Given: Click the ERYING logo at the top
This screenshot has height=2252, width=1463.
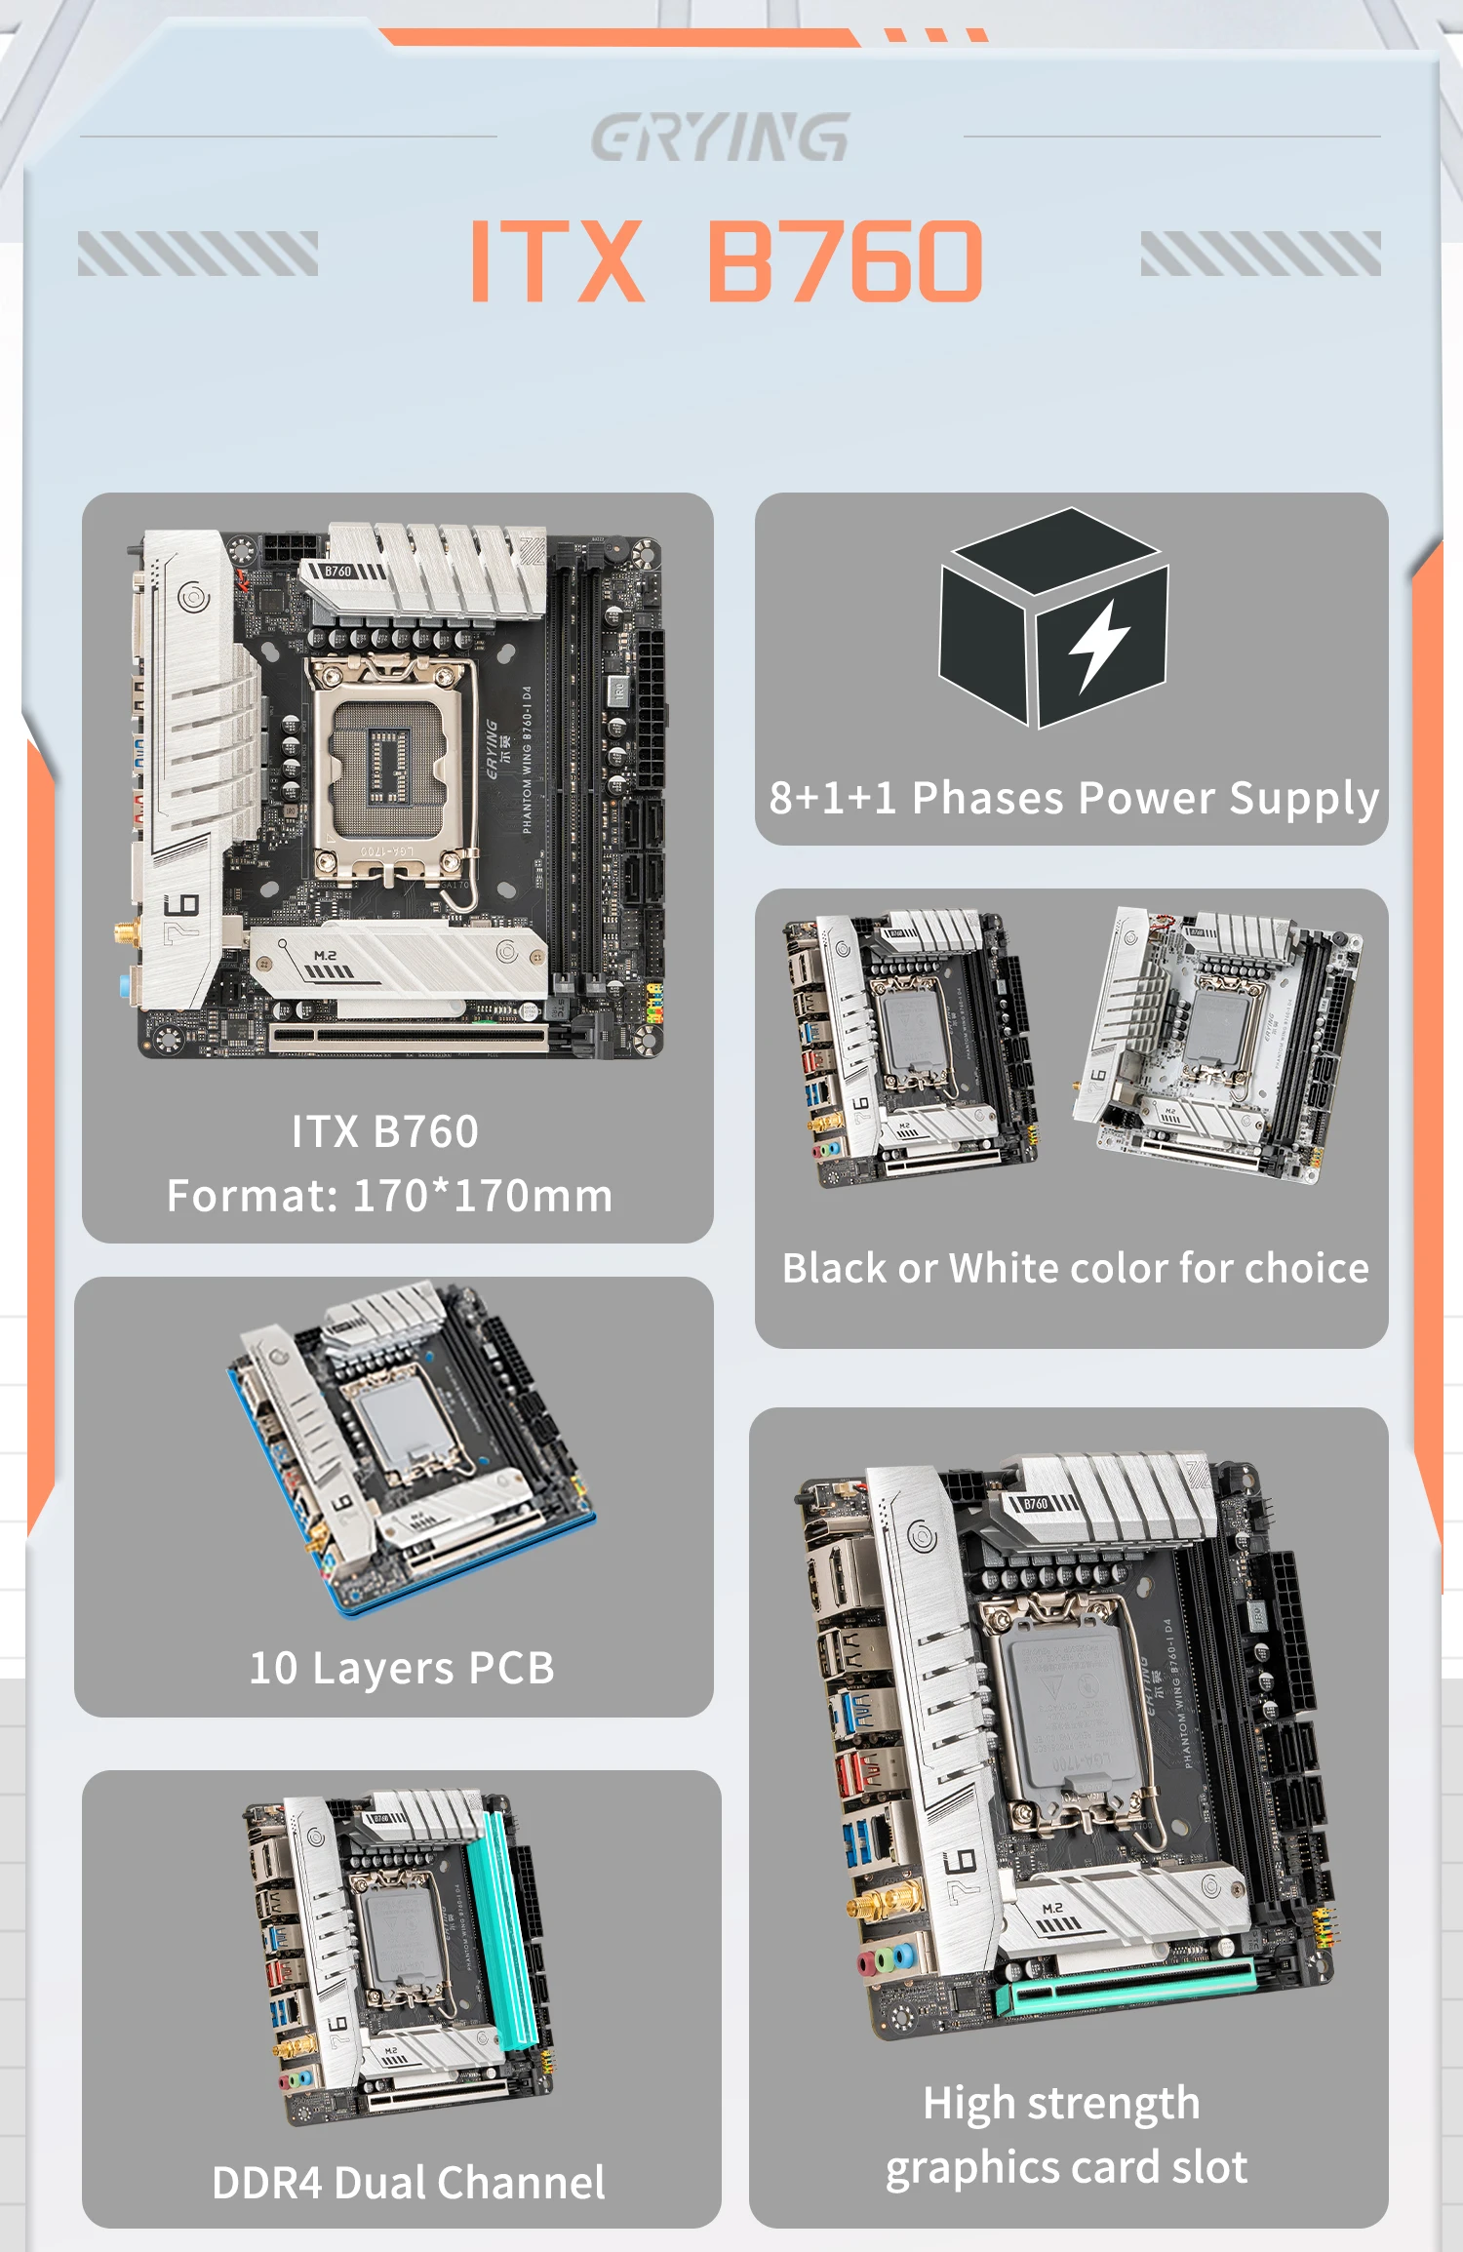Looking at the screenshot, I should [720, 137].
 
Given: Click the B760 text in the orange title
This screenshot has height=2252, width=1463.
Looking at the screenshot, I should [845, 260].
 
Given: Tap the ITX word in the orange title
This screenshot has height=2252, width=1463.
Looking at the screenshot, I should [557, 260].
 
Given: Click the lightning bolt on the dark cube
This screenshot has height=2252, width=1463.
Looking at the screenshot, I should [1099, 645].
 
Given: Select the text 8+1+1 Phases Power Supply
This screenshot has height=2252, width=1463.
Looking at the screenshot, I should [1073, 798].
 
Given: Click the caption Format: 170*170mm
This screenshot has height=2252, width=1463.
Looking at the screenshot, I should [390, 1196].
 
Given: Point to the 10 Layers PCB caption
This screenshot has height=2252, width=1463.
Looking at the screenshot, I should [402, 1668].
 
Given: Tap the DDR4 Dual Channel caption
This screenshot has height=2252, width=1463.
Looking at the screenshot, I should [408, 2183].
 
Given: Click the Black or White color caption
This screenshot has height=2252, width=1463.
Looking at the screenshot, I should [1075, 1268].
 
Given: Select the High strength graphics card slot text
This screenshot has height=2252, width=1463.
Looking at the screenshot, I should [1065, 2134].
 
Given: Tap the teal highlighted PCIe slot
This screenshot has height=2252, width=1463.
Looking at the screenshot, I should [1131, 1985].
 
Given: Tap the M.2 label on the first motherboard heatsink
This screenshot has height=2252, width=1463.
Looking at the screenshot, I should [325, 956].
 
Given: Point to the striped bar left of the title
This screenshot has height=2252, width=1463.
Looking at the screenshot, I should [198, 254].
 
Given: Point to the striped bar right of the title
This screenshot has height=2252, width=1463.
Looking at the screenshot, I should [1260, 254].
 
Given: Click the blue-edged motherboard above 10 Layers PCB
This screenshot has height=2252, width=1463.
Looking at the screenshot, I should [410, 1443].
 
